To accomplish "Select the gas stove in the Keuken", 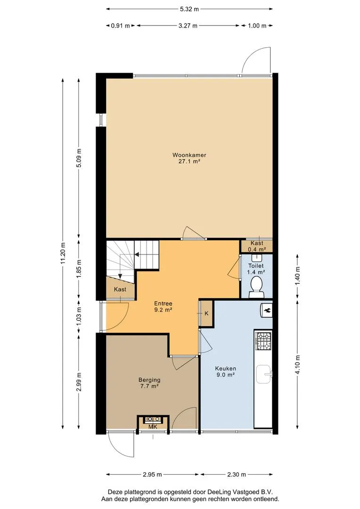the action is (x=263, y=341).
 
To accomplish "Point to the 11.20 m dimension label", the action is (x=63, y=253).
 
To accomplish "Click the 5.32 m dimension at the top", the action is (x=189, y=9).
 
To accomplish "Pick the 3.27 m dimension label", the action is (x=188, y=25).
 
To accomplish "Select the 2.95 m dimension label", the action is (x=152, y=474).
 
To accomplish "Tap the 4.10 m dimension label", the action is (x=298, y=364).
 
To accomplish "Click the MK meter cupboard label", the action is (x=153, y=427).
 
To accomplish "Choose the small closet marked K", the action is (x=206, y=313).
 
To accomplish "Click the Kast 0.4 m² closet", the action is (x=256, y=246).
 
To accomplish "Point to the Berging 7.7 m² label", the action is (x=149, y=383).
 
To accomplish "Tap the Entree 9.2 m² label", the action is (x=163, y=306).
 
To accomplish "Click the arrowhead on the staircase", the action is (x=137, y=254).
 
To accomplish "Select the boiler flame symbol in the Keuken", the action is (x=267, y=310).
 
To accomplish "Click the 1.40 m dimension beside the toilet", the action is (x=298, y=276).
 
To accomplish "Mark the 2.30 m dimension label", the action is (x=237, y=474).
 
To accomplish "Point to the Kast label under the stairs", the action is (x=120, y=289).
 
